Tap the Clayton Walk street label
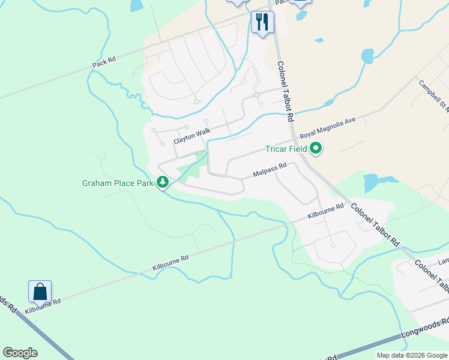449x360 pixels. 192,136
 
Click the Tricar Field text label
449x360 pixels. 286,149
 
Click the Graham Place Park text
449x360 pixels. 118,183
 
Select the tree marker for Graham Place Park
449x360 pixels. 162,182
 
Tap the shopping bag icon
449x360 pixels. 40,292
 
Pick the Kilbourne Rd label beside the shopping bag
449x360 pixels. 43,305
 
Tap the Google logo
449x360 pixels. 20,353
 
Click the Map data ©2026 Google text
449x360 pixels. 411,355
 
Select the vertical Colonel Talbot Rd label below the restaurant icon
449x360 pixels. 284,85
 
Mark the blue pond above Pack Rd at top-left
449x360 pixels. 136,5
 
